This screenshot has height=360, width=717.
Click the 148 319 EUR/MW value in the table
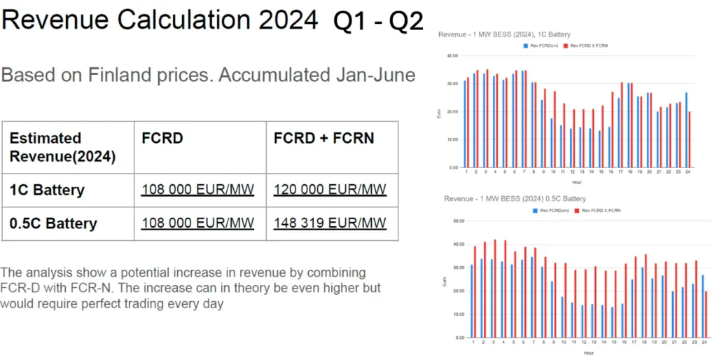pyautogui.click(x=330, y=223)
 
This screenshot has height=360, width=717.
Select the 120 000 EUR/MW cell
pyautogui.click(x=330, y=189)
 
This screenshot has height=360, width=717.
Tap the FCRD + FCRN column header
pyautogui.click(x=323, y=138)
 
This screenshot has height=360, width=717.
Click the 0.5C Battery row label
pyautogui.click(x=53, y=223)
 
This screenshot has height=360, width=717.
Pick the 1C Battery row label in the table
pyautogui.click(x=47, y=190)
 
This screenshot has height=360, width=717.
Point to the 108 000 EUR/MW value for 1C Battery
pyautogui.click(x=197, y=189)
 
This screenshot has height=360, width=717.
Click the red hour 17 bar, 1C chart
pyautogui.click(x=622, y=125)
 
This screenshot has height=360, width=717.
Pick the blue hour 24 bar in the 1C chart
pyautogui.click(x=685, y=130)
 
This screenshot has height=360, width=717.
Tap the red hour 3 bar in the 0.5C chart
pyautogui.click(x=496, y=289)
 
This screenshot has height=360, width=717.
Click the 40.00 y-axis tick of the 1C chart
pyautogui.click(x=452, y=56)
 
